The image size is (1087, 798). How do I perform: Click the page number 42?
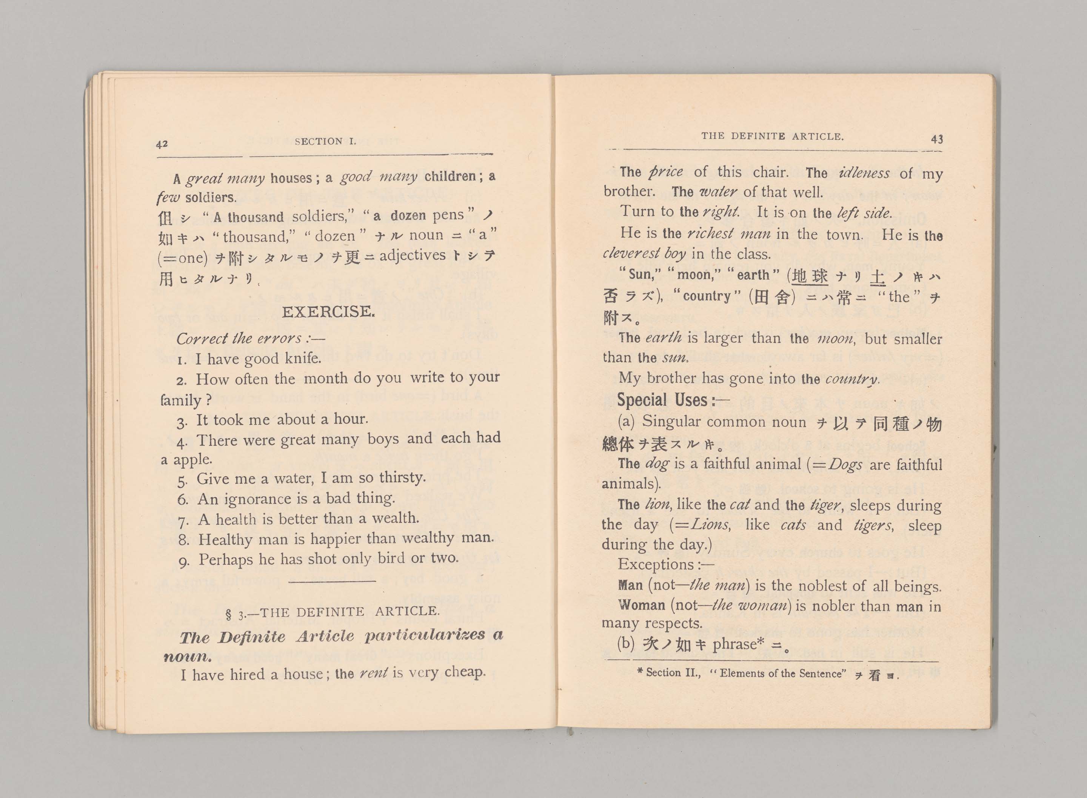point(162,143)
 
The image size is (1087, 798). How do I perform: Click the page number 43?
point(937,139)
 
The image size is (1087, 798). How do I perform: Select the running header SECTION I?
point(325,141)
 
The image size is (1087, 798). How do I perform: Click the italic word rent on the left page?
point(374,673)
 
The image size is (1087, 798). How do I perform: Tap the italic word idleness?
point(864,172)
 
